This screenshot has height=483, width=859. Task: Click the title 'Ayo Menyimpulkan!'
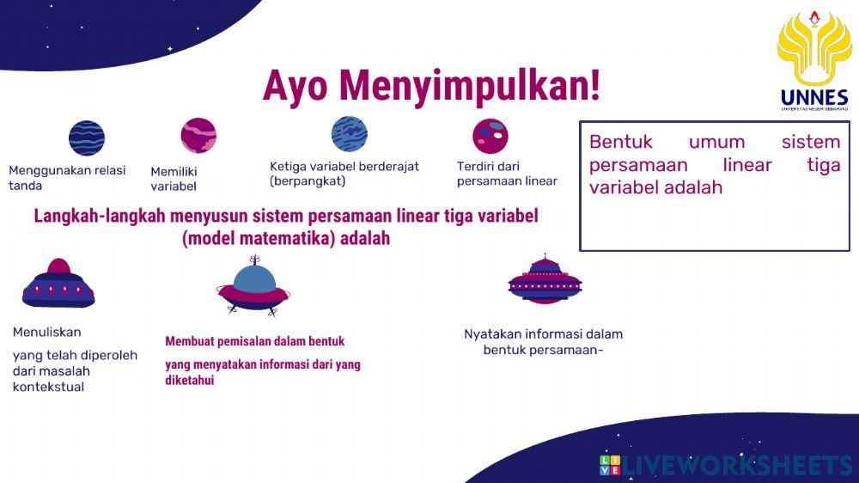431,86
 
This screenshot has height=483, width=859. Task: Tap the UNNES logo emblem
813,50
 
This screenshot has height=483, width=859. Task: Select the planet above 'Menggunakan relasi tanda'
87,138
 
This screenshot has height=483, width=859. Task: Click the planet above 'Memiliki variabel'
198,136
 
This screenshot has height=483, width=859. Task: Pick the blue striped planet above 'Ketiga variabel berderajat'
350,134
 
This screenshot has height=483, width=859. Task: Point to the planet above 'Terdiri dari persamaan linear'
490,136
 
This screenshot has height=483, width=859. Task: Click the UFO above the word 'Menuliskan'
58,284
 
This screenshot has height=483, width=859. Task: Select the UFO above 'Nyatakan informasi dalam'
545,279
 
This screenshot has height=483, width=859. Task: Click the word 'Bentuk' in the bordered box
621,142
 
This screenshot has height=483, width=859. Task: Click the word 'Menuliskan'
46,333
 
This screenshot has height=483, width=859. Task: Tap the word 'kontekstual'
48,387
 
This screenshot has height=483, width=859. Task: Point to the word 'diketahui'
189,380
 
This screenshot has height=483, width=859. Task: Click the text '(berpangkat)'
307,181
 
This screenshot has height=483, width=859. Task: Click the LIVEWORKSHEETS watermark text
738,466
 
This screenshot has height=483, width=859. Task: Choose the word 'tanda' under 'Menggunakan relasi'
25,186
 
